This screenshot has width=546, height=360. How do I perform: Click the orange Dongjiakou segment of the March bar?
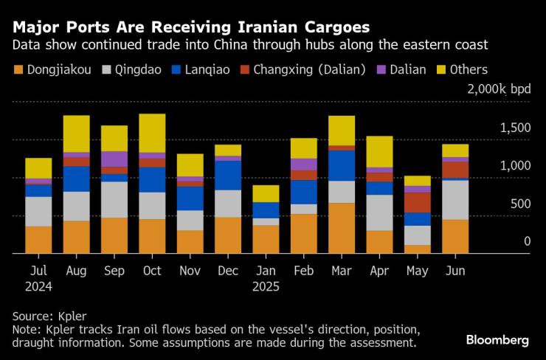click(342, 228)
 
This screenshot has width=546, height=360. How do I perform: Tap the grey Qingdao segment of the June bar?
click(455, 199)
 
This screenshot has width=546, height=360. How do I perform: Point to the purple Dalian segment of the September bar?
click(114, 159)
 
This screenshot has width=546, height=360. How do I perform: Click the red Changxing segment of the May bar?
click(417, 202)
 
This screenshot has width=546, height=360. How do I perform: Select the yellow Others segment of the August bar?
click(76, 134)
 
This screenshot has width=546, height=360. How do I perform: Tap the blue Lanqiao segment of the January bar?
click(266, 210)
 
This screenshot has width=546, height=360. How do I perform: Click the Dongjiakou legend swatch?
click(17, 70)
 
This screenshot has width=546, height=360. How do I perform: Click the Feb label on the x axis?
click(303, 271)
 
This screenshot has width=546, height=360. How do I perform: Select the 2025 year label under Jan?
click(266, 285)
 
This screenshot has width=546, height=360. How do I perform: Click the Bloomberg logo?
click(497, 339)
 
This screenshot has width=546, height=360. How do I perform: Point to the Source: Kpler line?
click(49, 315)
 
